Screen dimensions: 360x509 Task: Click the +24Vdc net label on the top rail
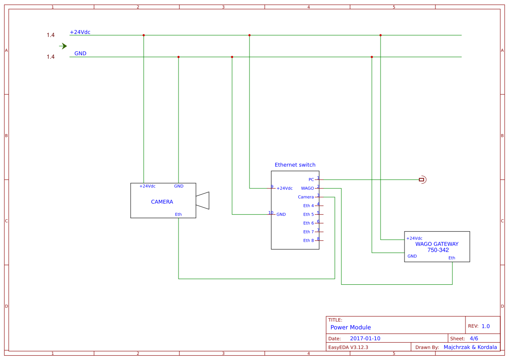(x=80, y=32)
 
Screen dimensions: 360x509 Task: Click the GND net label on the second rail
(x=80, y=54)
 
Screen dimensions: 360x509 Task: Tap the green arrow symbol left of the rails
(x=63, y=46)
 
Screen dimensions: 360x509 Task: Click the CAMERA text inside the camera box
(x=162, y=202)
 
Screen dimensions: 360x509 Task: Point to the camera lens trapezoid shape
(x=203, y=201)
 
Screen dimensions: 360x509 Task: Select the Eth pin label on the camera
(x=179, y=214)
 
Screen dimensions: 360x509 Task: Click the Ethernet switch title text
(x=295, y=165)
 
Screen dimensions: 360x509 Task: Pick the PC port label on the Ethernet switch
(x=311, y=180)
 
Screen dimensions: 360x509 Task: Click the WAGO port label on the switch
(x=307, y=188)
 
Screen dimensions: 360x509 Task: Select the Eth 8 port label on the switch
(x=308, y=241)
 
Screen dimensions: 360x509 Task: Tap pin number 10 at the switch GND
(x=270, y=213)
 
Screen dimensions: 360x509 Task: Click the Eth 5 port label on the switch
(x=308, y=215)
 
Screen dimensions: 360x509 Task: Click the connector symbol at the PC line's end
(x=422, y=179)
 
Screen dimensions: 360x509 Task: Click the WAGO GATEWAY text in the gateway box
(x=437, y=244)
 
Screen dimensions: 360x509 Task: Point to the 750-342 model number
(x=438, y=250)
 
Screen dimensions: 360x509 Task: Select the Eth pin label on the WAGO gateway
(x=452, y=258)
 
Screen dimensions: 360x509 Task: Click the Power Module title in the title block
(x=351, y=327)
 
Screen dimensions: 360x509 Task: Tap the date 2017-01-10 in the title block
(x=365, y=339)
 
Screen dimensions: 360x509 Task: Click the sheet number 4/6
(x=474, y=339)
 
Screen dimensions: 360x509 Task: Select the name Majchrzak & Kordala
(x=470, y=347)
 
